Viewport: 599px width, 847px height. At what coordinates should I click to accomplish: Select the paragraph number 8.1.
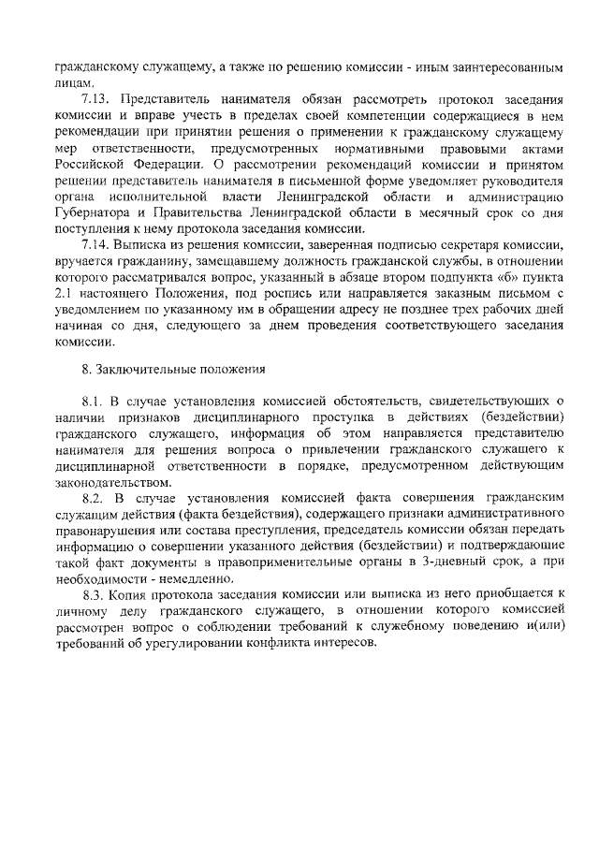[94, 402]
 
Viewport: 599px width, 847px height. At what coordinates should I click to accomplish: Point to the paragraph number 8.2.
[94, 502]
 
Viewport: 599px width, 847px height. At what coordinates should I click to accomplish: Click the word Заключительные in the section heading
[146, 369]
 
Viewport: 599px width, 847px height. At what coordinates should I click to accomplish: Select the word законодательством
[114, 482]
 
